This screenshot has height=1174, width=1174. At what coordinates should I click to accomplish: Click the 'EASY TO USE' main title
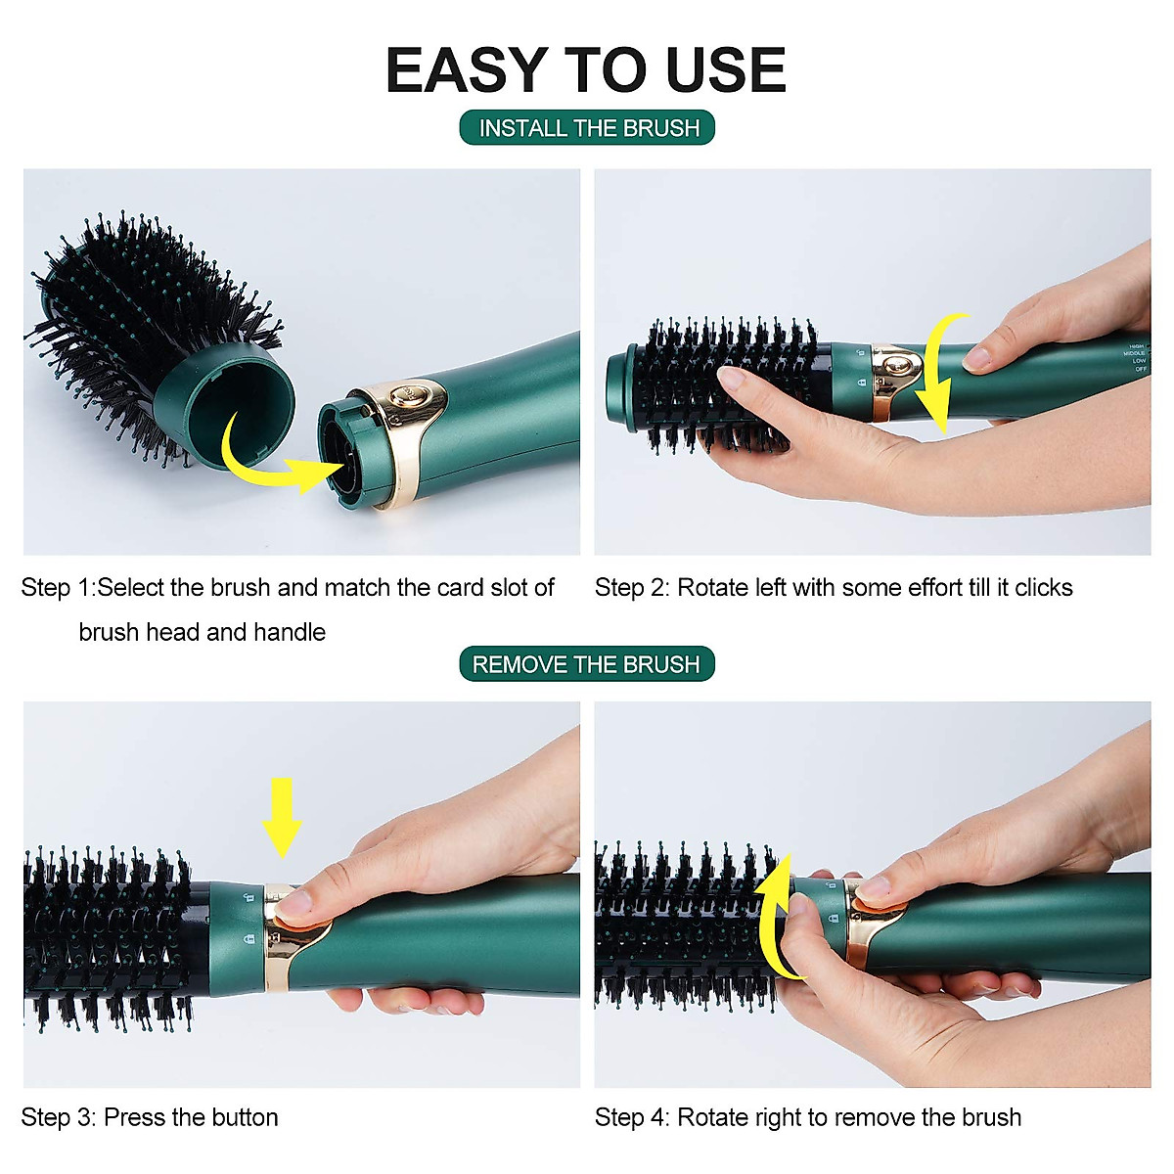(x=585, y=70)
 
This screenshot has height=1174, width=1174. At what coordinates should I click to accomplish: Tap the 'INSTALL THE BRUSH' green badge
(x=588, y=128)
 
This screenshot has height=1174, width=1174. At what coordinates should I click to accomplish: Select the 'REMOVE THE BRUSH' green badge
(x=586, y=664)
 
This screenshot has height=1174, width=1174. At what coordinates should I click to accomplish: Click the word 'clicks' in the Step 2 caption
(x=1043, y=588)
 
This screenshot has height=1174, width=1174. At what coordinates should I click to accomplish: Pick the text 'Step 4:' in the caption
(x=631, y=1117)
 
